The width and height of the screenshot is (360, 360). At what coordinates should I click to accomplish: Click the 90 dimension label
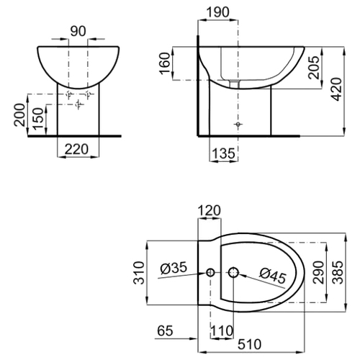(x=78, y=31)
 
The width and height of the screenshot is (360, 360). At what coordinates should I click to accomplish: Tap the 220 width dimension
(x=77, y=149)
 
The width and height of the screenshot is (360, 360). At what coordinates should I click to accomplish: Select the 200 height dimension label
(x=19, y=115)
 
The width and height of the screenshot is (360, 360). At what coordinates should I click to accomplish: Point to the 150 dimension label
(x=38, y=119)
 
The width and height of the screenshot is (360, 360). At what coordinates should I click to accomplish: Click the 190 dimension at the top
(x=218, y=12)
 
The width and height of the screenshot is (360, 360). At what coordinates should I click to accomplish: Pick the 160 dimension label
(x=166, y=63)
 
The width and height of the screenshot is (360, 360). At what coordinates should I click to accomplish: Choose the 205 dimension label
(x=315, y=68)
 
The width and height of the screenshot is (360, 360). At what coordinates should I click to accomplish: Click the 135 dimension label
(x=223, y=153)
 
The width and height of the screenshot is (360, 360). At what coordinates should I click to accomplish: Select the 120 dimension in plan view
(x=209, y=210)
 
